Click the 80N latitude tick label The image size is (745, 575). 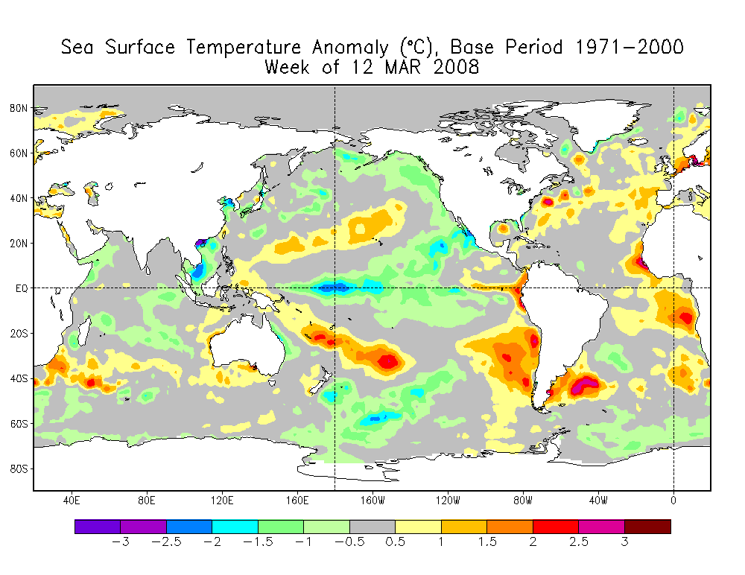point(19,108)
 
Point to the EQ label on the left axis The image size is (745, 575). point(22,288)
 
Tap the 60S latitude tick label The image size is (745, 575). point(19,423)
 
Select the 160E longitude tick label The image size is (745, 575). point(297,501)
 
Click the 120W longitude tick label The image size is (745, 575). point(448,501)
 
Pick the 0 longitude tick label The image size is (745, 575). point(673,501)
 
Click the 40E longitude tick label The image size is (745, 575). point(72,501)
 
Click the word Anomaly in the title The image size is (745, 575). point(350,48)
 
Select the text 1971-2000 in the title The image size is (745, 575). point(630,47)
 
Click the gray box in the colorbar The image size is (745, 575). point(372,527)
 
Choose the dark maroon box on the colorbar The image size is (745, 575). point(647,527)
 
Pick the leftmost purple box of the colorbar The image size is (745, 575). point(98,527)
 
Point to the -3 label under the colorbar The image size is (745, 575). point(121,541)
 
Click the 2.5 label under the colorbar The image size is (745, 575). point(579,541)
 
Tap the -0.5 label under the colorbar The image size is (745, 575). point(349,541)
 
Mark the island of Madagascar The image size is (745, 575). point(84,332)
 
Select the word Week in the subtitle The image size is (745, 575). point(288,67)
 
